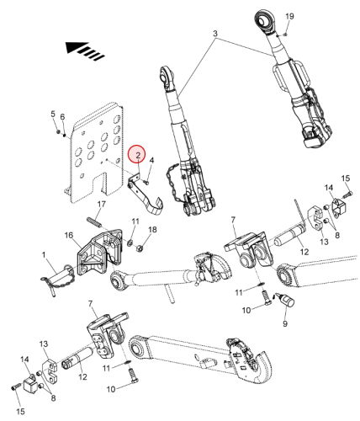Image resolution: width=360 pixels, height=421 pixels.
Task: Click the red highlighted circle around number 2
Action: (137, 154)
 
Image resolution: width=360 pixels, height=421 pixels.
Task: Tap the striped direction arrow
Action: (85, 51)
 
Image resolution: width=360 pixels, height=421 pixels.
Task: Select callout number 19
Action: (289, 16)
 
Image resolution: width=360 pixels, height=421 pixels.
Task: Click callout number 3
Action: (214, 34)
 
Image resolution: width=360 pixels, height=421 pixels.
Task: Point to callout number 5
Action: (53, 114)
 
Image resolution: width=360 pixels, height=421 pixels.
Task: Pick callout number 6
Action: (62, 117)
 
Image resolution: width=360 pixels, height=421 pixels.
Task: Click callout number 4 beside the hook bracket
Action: (151, 160)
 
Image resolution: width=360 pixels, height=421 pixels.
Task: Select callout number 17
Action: (102, 204)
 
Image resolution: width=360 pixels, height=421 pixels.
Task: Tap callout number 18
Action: (152, 230)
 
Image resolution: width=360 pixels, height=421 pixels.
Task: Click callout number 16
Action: (69, 235)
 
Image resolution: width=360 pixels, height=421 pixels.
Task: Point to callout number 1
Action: (44, 255)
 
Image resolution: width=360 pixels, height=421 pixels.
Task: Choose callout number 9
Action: (285, 323)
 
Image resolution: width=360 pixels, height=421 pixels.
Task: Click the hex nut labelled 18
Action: (140, 248)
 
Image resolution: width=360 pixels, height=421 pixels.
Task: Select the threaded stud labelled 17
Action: (93, 221)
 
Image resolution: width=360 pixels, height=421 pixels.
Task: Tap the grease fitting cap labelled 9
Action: (287, 301)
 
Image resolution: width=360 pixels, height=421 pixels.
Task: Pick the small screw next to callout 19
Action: (285, 35)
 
